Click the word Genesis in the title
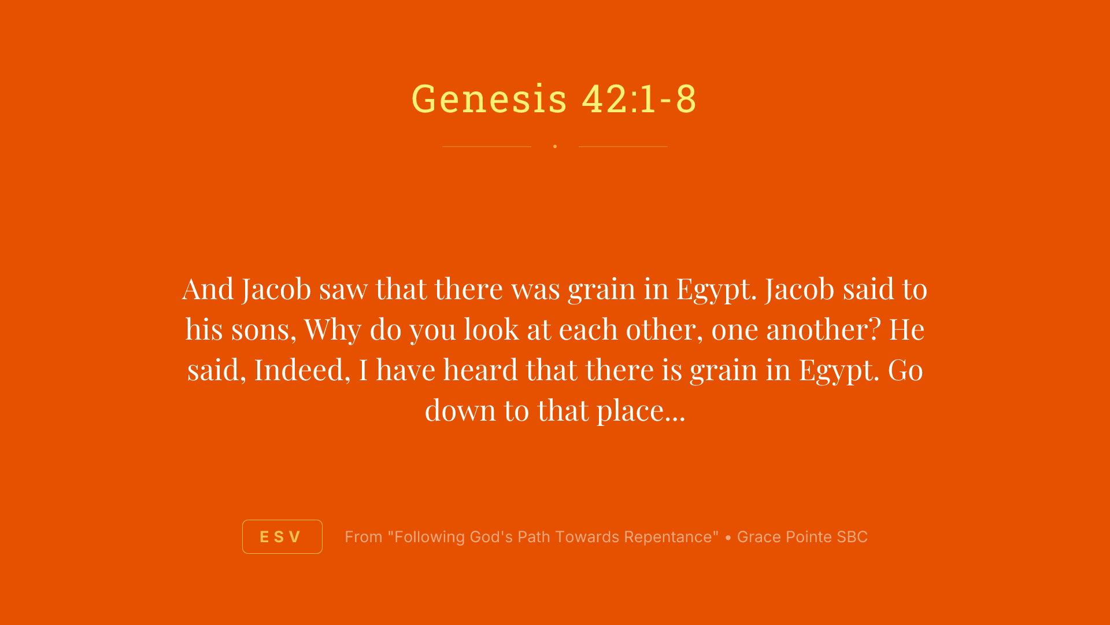point(489,98)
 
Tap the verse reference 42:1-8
point(639,98)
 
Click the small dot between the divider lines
point(555,146)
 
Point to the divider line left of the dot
point(486,146)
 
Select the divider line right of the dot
point(623,146)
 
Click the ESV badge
point(282,536)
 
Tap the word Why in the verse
point(332,329)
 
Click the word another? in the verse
point(823,329)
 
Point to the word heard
point(480,370)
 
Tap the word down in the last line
point(460,410)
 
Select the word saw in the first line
point(343,289)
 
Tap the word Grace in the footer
point(755,537)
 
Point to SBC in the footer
point(852,537)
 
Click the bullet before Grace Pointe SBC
point(728,538)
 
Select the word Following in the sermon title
point(430,537)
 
